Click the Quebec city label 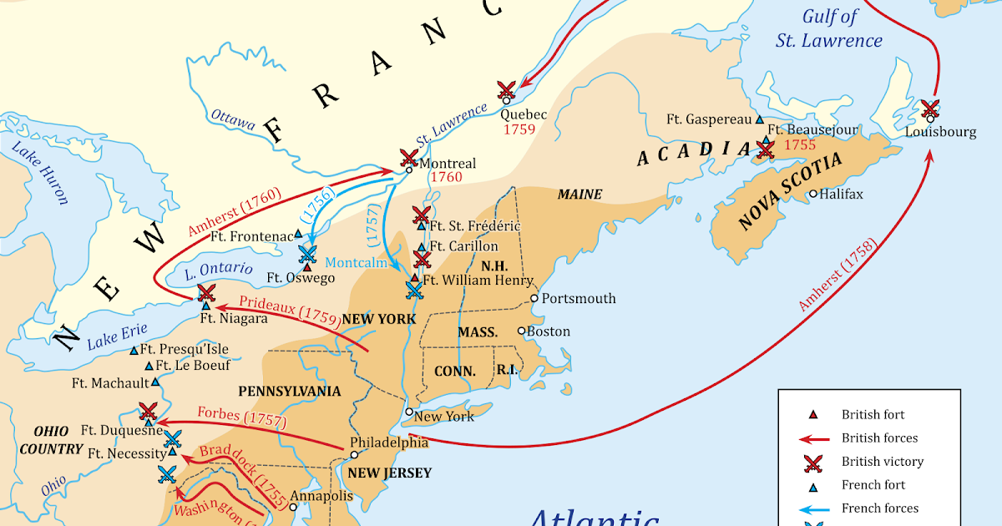[524, 114]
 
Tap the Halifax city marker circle [812, 194]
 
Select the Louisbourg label [939, 132]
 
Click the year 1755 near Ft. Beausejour [799, 144]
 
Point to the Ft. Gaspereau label [708, 119]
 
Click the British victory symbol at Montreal [408, 156]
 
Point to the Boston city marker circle [522, 331]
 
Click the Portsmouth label [578, 298]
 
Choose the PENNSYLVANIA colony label [289, 391]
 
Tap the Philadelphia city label [388, 443]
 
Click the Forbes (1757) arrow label [241, 415]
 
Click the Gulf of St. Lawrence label [841, 28]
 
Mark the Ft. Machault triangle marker [155, 383]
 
